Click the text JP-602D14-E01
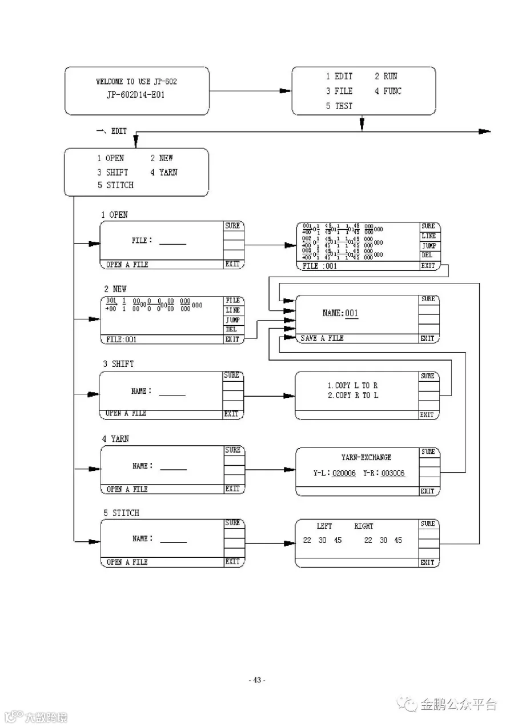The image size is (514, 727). click(x=135, y=95)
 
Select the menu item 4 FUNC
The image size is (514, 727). click(x=388, y=91)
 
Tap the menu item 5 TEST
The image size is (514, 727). click(x=339, y=106)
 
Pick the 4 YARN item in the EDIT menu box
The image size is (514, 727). click(x=164, y=172)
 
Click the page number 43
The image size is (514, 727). click(x=257, y=680)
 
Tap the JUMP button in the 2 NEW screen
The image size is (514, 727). click(x=233, y=320)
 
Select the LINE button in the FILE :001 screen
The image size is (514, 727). click(x=428, y=236)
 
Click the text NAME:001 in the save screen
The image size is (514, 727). click(x=340, y=313)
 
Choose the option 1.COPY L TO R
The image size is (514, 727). click(x=352, y=386)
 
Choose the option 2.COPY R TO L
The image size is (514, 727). click(x=352, y=396)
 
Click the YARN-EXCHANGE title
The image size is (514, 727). click(x=366, y=458)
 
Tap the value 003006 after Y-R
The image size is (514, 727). click(x=393, y=473)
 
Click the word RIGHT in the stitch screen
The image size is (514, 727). click(x=364, y=526)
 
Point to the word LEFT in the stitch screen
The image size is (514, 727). click(x=324, y=526)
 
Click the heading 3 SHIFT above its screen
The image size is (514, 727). click(x=118, y=363)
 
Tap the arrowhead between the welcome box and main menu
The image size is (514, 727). click(x=285, y=91)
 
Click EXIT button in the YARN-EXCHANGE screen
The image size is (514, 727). click(x=427, y=491)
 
